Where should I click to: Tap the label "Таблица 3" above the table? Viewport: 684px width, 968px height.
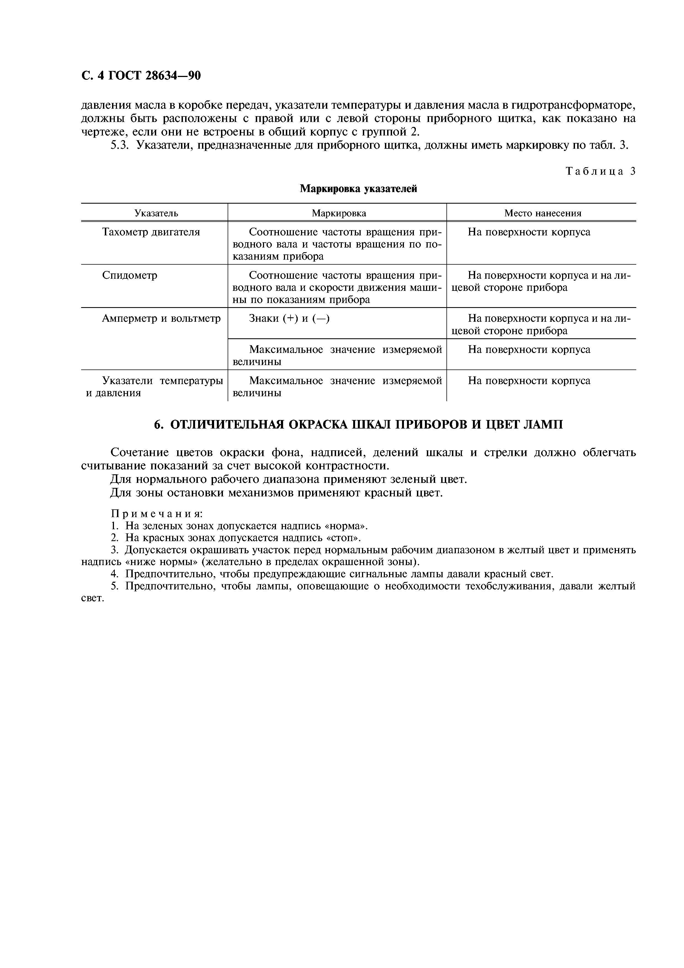(600, 171)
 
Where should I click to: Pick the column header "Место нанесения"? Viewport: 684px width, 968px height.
(542, 213)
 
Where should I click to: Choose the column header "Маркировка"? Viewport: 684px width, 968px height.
(339, 213)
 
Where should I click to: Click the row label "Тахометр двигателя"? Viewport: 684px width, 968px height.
(151, 232)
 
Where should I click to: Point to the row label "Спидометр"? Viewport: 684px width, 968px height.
(129, 275)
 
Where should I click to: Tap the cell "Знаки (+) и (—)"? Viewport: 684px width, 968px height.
(289, 318)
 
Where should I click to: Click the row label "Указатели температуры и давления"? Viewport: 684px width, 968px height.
(154, 387)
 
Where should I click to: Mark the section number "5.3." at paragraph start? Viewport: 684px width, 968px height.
(120, 146)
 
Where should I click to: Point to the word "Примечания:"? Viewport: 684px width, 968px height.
(156, 514)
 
